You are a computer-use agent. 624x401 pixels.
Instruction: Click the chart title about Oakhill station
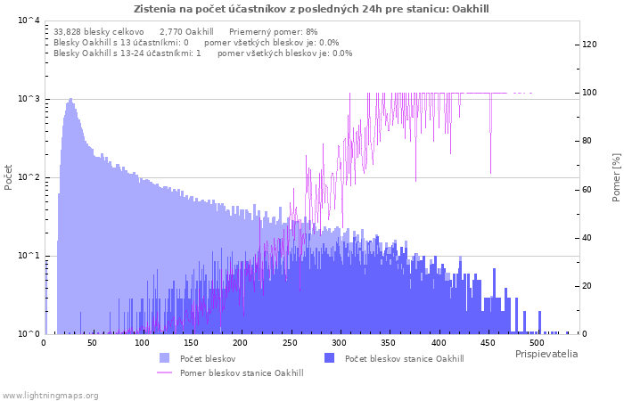click(311, 9)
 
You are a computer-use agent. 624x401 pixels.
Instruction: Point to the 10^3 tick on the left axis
click(29, 98)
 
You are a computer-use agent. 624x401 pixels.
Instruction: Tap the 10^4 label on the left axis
click(29, 20)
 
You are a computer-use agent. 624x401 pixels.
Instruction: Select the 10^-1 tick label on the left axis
click(29, 255)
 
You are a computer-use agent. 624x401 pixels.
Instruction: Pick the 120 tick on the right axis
click(589, 45)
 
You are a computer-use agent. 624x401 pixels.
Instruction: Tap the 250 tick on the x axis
click(290, 343)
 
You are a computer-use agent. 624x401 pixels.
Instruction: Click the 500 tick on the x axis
click(537, 343)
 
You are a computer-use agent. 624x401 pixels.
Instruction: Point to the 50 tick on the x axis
click(92, 343)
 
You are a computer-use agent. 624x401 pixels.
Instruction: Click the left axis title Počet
click(8, 177)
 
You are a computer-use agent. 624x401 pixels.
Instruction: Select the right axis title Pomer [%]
click(616, 177)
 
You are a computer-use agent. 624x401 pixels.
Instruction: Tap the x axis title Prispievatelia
click(546, 354)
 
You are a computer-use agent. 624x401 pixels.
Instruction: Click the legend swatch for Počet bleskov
click(164, 358)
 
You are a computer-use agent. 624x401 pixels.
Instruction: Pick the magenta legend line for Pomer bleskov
click(164, 372)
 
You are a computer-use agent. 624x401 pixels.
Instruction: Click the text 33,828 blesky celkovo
click(99, 32)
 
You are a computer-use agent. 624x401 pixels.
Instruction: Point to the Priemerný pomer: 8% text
click(274, 32)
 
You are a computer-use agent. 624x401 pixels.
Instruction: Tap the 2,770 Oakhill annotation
click(186, 32)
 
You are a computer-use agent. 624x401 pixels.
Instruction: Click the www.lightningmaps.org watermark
click(50, 396)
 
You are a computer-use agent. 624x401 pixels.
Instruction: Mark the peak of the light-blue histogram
click(70, 98)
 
